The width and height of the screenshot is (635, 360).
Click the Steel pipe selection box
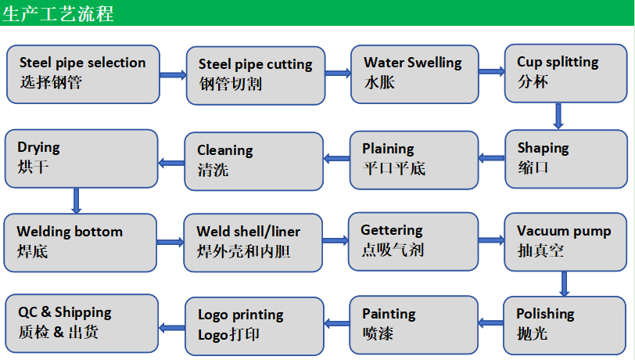point(83,74)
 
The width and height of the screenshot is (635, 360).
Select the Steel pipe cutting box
point(255,75)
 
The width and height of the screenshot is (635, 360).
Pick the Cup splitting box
point(561,74)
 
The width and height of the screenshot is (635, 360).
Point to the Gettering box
point(412,242)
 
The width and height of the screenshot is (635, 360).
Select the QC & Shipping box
point(81,323)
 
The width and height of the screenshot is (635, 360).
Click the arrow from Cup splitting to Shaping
point(558,115)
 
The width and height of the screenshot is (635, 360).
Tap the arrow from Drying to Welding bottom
point(76,200)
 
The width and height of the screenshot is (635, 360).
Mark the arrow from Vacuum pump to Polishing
point(564,283)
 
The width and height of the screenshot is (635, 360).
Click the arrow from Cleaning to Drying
point(171,163)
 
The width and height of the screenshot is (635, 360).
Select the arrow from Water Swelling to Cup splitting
point(491,72)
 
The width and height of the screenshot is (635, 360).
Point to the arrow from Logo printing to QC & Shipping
point(170,323)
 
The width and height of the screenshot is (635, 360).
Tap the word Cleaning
point(224,150)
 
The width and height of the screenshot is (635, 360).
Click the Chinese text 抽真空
point(540,250)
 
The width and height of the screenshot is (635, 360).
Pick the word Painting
point(389,314)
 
